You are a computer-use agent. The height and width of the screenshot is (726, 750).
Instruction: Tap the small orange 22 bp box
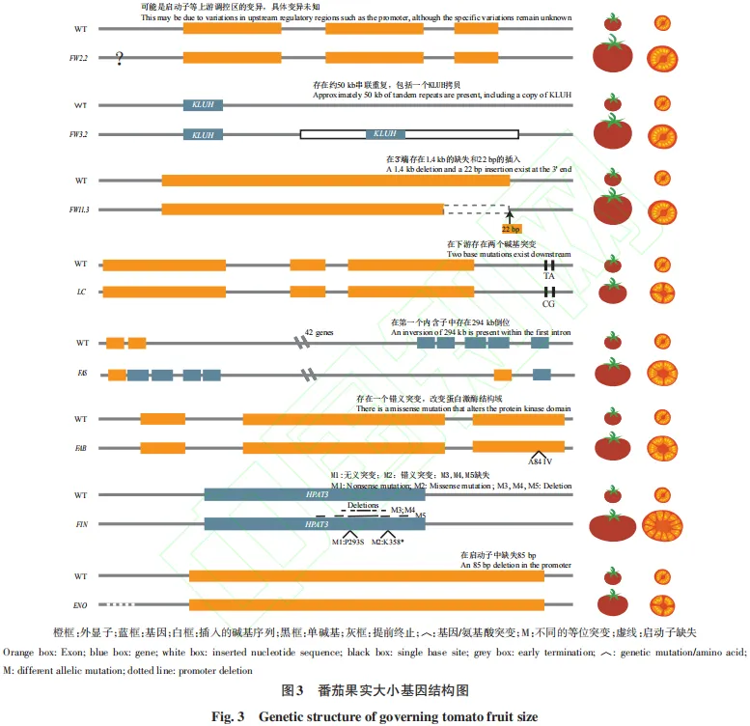click(511, 229)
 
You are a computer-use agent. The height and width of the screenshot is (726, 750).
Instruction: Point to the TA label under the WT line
click(548, 276)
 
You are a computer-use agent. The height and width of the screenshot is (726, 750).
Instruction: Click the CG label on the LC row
click(548, 303)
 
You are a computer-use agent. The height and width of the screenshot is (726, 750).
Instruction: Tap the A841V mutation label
click(540, 462)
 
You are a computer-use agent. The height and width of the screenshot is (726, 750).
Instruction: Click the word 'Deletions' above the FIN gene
click(363, 505)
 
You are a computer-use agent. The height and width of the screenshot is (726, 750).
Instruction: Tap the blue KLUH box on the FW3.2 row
click(204, 135)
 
